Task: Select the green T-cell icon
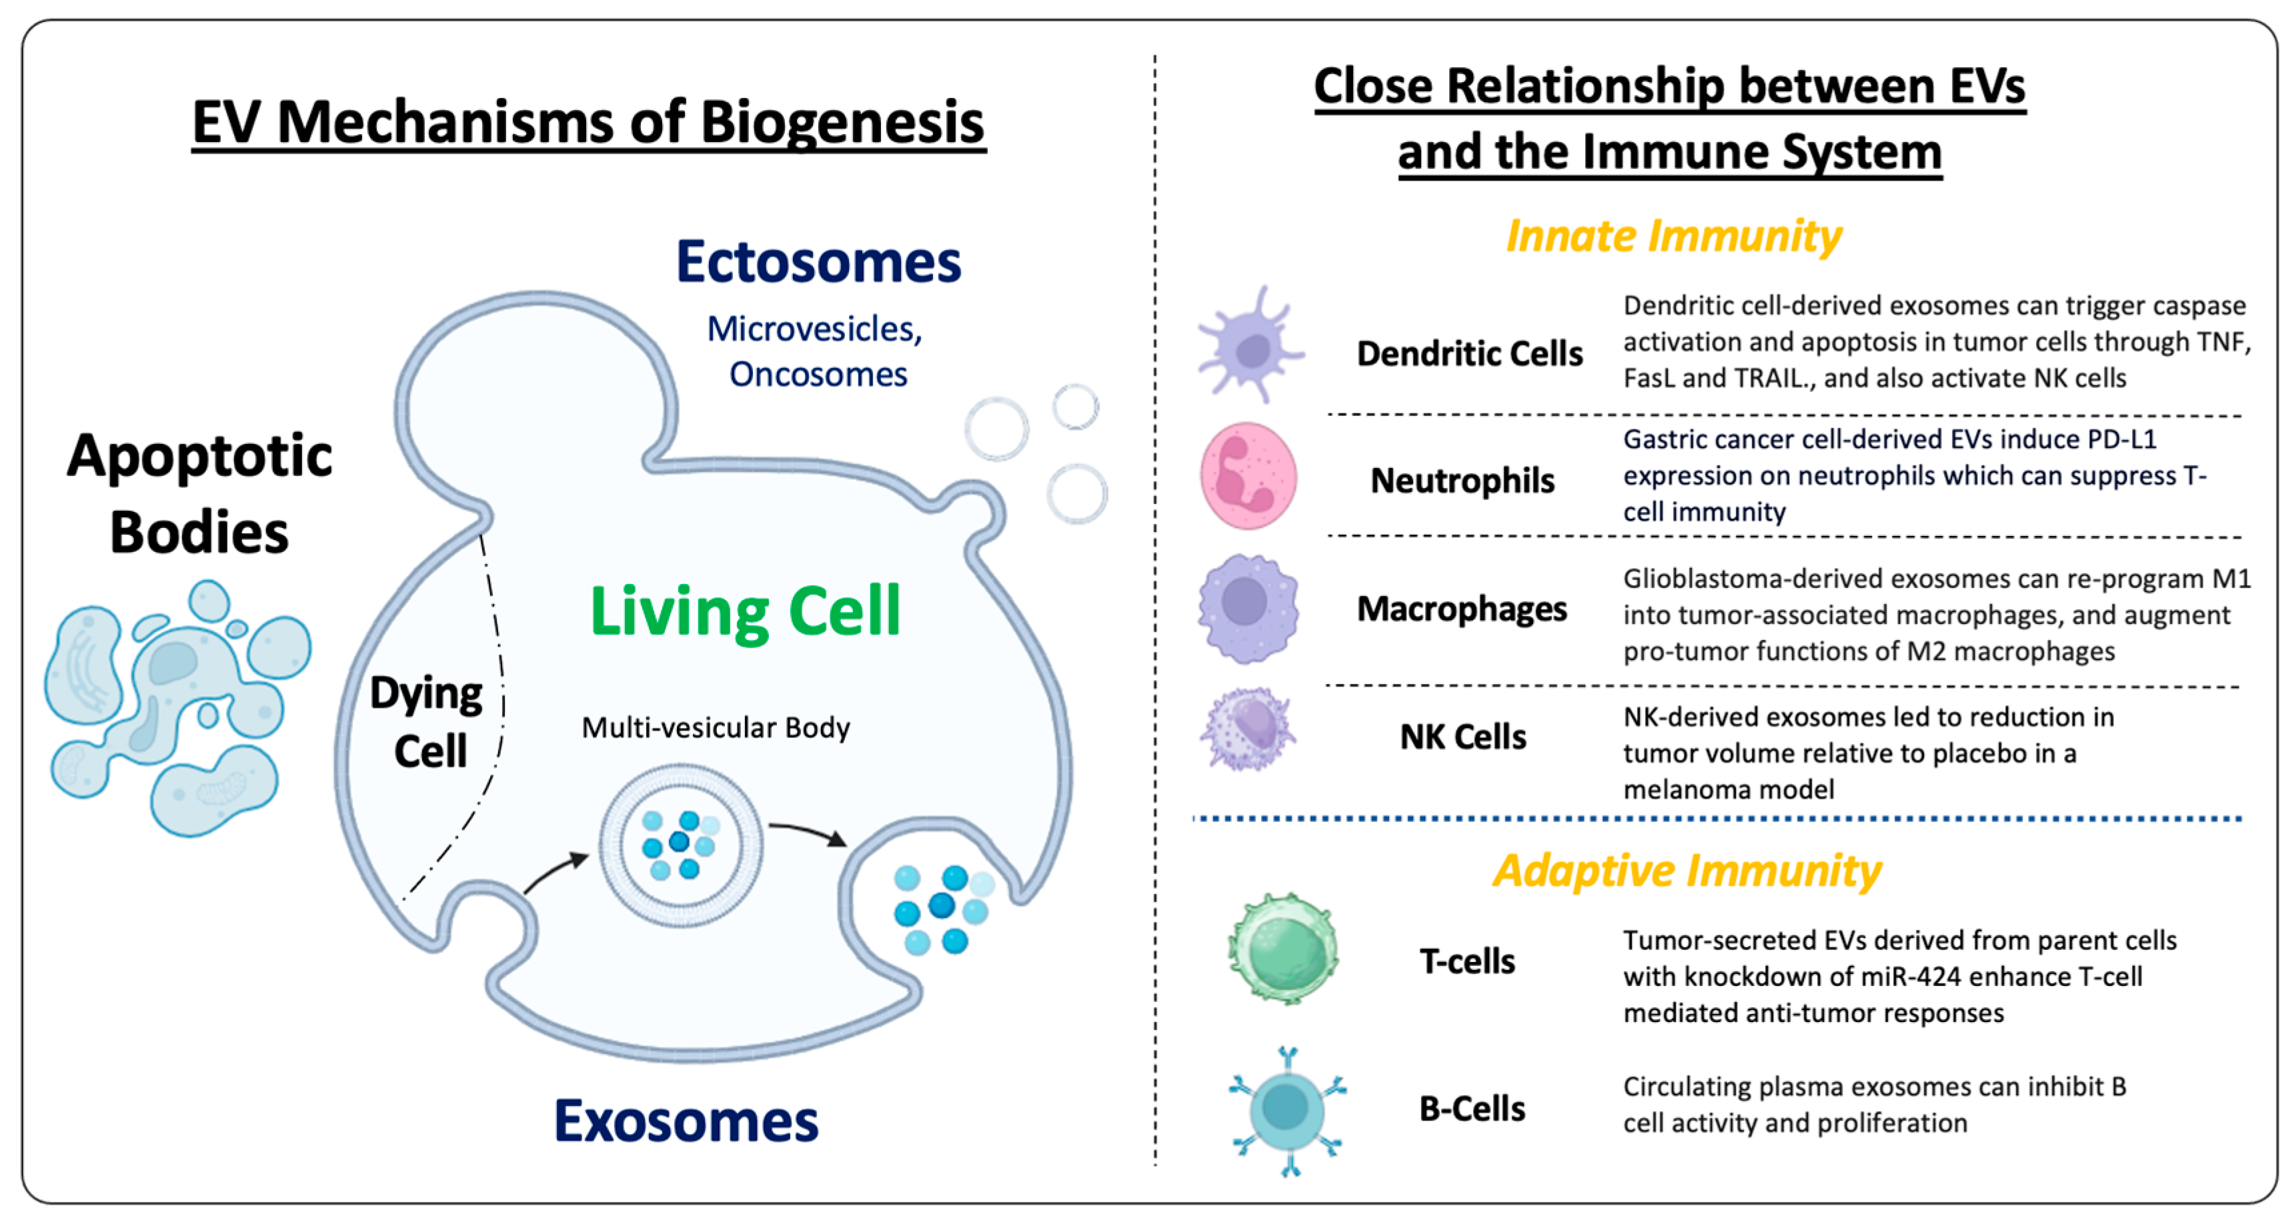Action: [1283, 949]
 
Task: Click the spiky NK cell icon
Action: [1248, 729]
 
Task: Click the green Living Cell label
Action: [746, 612]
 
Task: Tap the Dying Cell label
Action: [427, 721]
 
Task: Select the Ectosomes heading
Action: [818, 262]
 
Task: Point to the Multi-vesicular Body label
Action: [715, 727]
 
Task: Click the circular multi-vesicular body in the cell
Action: [680, 844]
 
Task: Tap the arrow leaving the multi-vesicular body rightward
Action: [807, 833]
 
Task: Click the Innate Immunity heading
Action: [1672, 237]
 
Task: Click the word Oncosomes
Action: [818, 375]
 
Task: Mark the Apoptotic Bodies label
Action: [199, 493]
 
